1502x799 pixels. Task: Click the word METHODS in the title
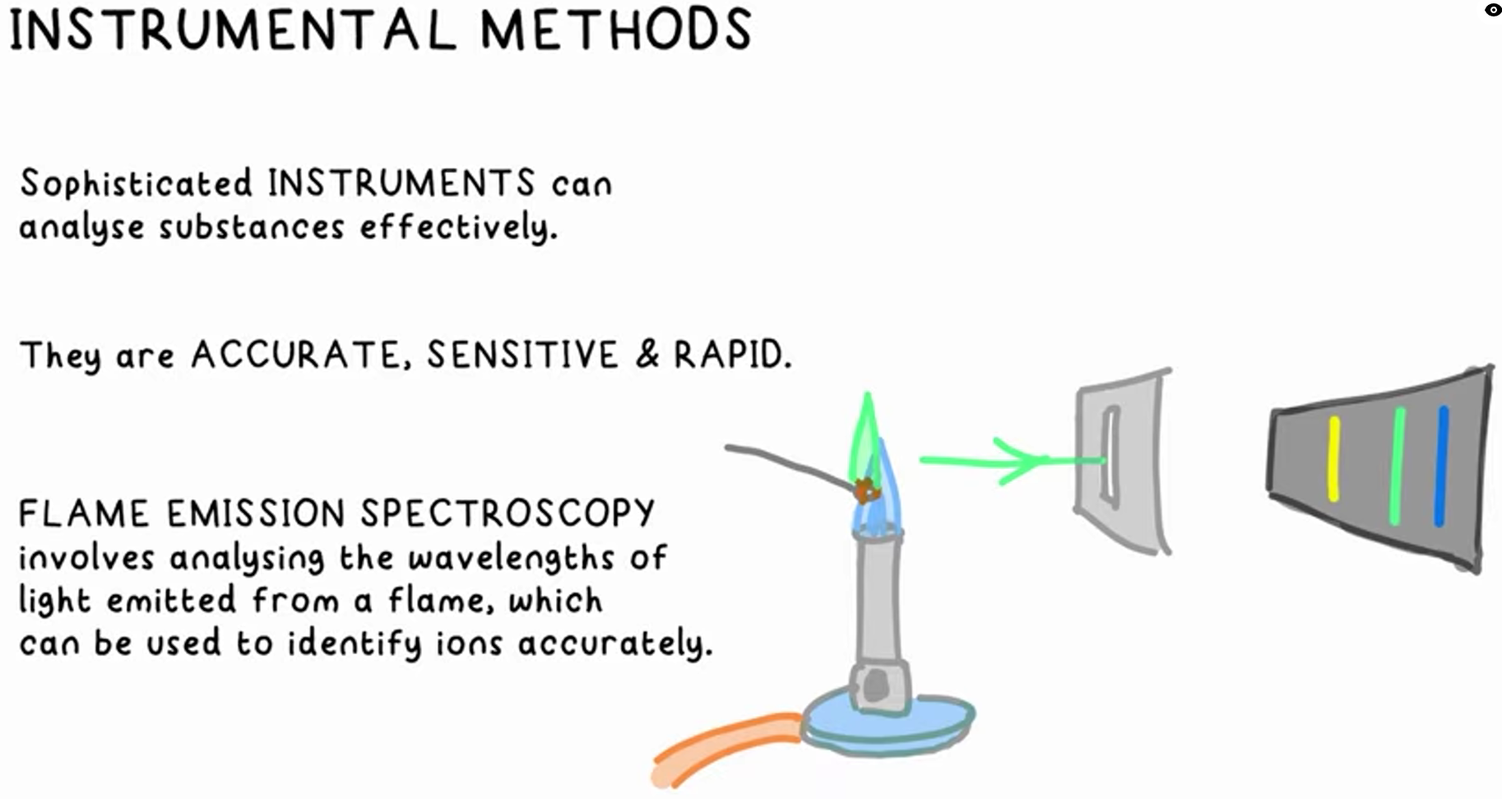[x=615, y=30]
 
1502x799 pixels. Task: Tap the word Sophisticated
[x=136, y=183]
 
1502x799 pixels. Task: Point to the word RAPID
[x=731, y=355]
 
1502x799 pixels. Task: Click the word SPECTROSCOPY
[x=507, y=513]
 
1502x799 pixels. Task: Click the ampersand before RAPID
[x=647, y=355]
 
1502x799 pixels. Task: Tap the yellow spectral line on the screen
[x=1333, y=459]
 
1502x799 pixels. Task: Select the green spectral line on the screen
[x=1397, y=466]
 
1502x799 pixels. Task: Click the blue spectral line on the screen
[x=1441, y=466]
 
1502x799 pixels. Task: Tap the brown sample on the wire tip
[x=865, y=490]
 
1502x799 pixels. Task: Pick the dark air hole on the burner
[x=877, y=685]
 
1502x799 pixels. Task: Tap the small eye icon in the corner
[x=1493, y=10]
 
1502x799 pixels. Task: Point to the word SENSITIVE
[x=522, y=355]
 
